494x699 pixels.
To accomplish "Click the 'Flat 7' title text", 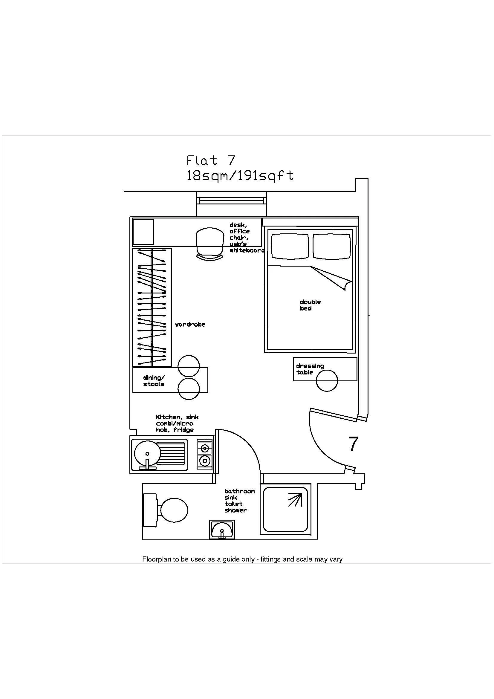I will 211,160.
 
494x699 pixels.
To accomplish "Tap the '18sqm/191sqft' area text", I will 240,176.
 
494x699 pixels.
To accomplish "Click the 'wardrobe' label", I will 190,325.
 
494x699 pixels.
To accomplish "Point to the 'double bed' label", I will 310,305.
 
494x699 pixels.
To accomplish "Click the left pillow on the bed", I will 290,246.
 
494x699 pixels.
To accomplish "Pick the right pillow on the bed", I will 331,246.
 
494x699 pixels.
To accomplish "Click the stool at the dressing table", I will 327,380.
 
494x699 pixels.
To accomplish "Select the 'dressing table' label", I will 310,369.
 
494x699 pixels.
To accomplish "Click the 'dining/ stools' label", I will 154,381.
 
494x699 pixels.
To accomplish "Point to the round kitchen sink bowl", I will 147,453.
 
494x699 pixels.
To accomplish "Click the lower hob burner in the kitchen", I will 205,461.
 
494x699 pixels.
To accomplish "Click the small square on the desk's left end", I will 143,231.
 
